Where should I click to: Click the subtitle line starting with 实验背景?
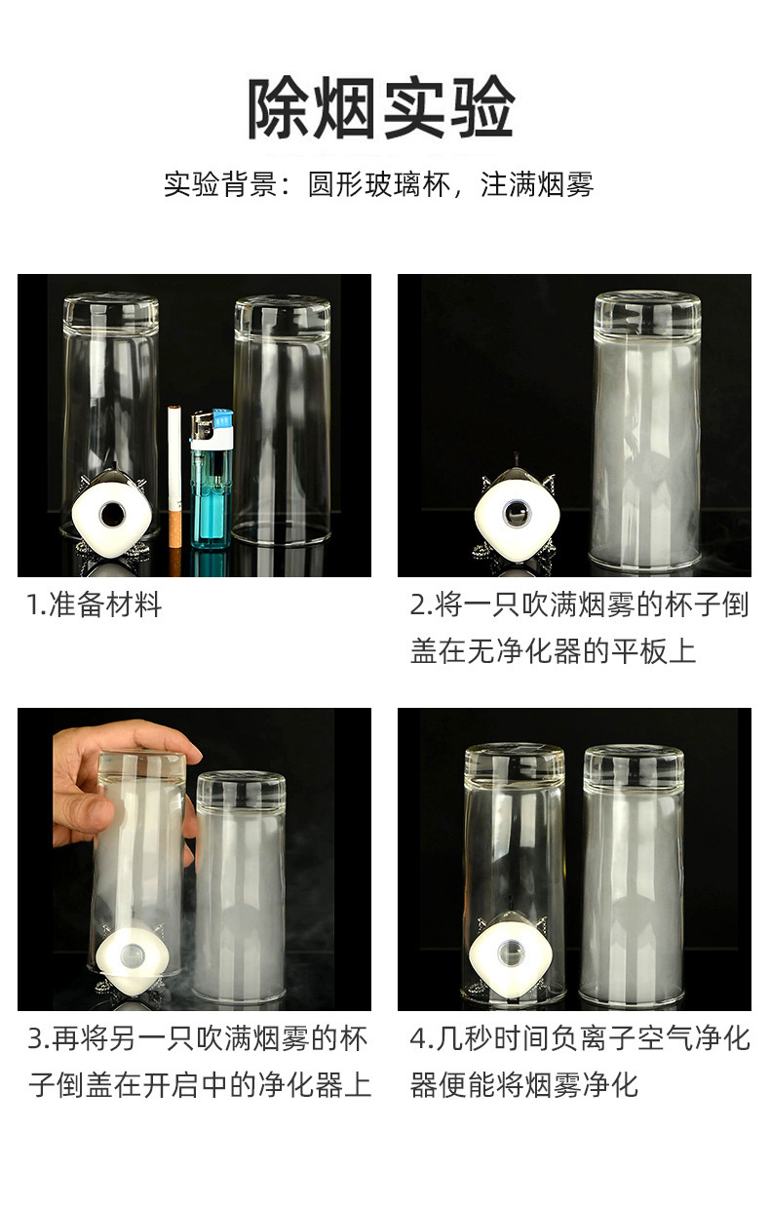point(378,184)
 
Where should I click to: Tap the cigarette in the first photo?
point(175,468)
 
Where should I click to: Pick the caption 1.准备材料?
point(94,605)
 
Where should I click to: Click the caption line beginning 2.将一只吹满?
point(579,605)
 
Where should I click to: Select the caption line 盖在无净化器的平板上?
point(553,650)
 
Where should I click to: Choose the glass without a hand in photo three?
point(240,887)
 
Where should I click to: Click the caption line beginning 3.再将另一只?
point(198,1038)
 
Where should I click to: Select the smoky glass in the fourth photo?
point(632,877)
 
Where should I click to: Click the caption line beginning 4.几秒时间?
point(579,1038)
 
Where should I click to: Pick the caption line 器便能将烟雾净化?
point(523,1084)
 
